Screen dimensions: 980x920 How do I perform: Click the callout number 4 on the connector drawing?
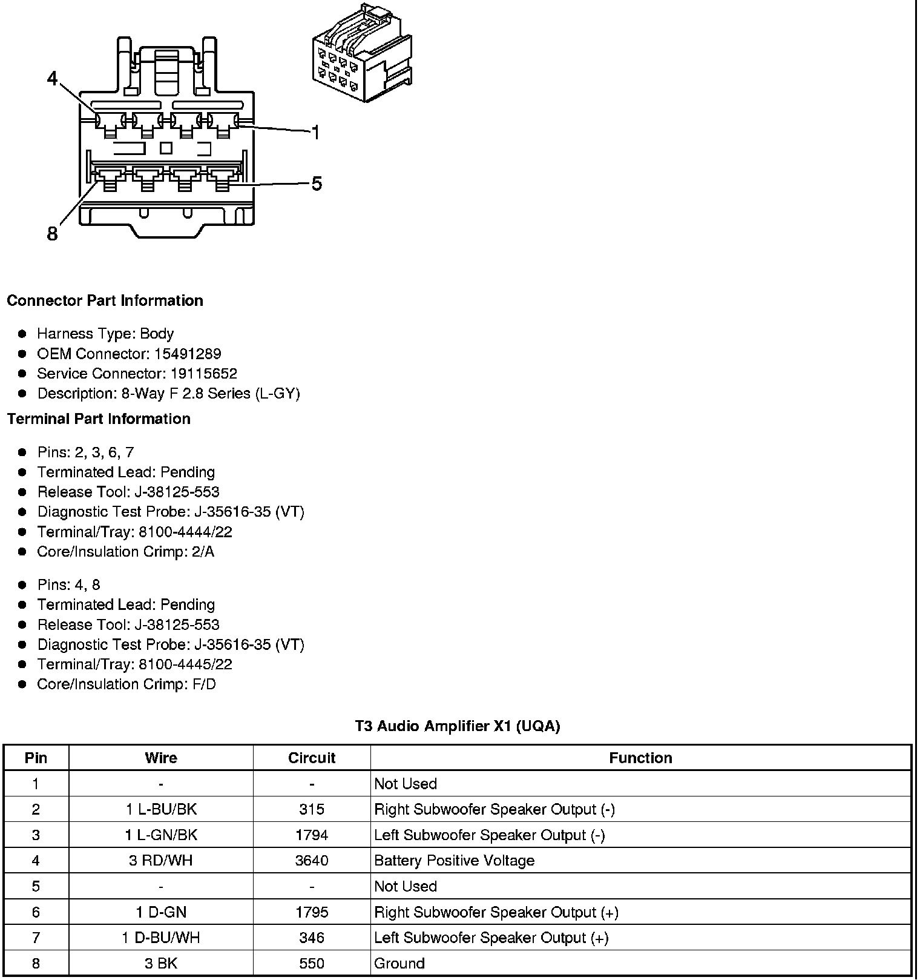tap(53, 78)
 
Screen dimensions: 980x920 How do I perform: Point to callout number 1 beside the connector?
tap(315, 132)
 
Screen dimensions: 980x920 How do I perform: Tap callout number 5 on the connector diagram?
tap(317, 184)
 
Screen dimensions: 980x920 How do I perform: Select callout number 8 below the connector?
tap(53, 233)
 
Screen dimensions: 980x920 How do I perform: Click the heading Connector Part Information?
tap(105, 301)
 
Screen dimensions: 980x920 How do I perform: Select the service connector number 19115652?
tap(203, 374)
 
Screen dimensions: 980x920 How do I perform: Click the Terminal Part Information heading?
tap(99, 419)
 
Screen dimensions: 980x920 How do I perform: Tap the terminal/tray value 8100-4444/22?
tap(185, 532)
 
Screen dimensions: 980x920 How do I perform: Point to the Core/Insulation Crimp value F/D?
tap(203, 684)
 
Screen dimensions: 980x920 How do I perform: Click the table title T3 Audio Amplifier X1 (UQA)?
tap(457, 726)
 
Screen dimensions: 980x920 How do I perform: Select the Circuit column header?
tap(312, 758)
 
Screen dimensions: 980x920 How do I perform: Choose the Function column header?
tap(640, 758)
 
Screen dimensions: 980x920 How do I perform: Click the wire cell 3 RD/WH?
tap(161, 861)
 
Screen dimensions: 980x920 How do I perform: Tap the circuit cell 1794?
tap(312, 835)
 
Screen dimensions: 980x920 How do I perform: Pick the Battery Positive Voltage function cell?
tap(455, 861)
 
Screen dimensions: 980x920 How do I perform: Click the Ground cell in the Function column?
tap(399, 963)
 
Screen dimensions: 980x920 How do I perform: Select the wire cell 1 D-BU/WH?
tap(161, 938)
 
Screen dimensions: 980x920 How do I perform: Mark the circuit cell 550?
tap(312, 963)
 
